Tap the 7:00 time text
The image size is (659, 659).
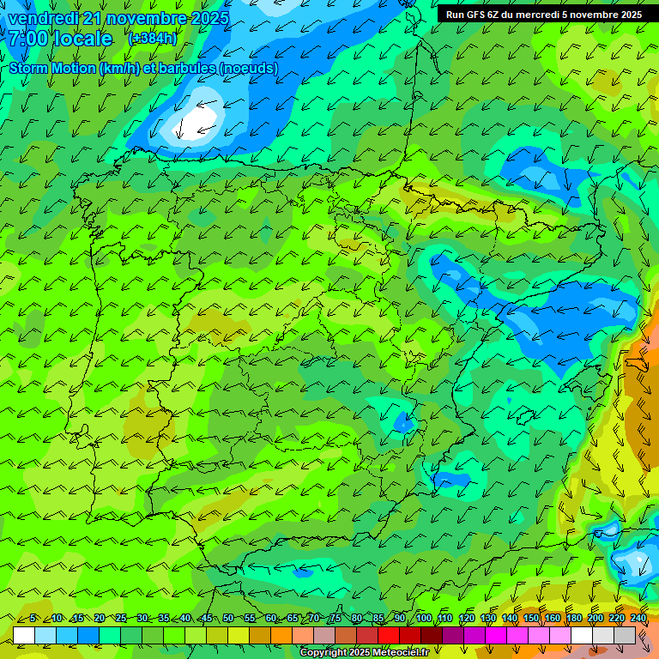pos(29,39)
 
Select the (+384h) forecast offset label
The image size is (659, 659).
pos(153,39)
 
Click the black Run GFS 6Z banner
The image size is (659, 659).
pos(543,15)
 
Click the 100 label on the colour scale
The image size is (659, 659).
pos(424,619)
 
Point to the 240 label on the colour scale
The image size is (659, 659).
pos(638,619)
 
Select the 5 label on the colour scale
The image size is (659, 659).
pos(33,619)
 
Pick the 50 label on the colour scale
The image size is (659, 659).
pos(228,619)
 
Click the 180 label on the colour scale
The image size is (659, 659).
pos(573,619)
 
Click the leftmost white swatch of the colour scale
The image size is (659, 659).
pos(24,635)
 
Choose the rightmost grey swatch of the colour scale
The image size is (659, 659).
pos(626,635)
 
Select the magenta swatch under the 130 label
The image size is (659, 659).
pos(496,635)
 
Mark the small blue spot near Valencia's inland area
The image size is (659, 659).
pos(402,422)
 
